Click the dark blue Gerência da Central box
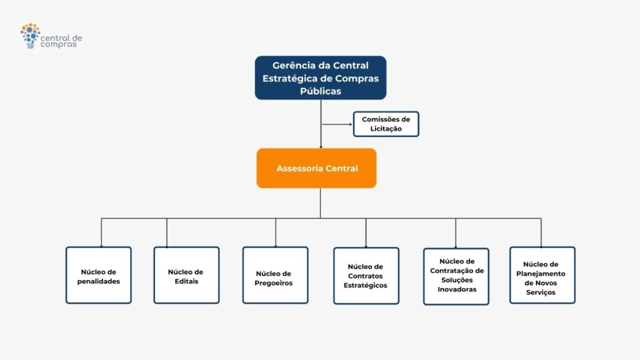click(x=321, y=78)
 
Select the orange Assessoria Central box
click(x=316, y=168)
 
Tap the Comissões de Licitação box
click(x=386, y=124)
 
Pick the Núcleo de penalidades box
click(x=98, y=275)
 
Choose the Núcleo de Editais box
click(x=186, y=275)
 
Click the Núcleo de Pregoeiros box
click(x=275, y=275)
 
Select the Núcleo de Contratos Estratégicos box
click(x=366, y=276)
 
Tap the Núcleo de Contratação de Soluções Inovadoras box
click(x=456, y=276)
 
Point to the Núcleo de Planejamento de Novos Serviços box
click(x=542, y=275)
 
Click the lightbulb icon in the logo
click(x=30, y=36)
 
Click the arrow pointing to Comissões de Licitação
click(x=337, y=124)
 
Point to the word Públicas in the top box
click(x=321, y=91)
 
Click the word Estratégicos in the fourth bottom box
click(x=365, y=285)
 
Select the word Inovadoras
click(x=457, y=289)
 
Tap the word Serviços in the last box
click(x=541, y=292)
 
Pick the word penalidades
click(x=98, y=281)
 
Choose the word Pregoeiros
click(x=274, y=283)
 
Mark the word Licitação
click(x=386, y=129)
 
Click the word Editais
click(x=186, y=281)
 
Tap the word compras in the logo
click(x=58, y=44)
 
